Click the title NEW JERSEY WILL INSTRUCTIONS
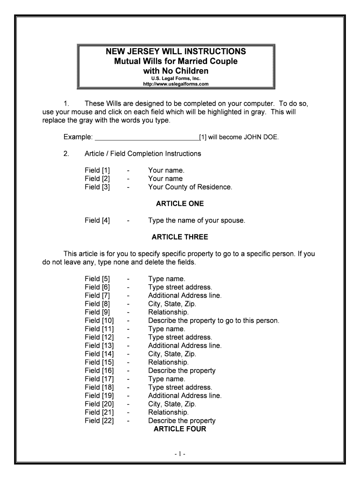click(x=176, y=51)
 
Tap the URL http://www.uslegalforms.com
click(x=176, y=84)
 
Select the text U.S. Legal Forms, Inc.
click(x=176, y=79)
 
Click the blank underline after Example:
click(x=146, y=137)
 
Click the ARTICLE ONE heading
click(x=180, y=204)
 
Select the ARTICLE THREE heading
click(x=180, y=237)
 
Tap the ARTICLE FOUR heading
click(x=180, y=429)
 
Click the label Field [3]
click(x=97, y=187)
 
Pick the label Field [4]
click(x=97, y=220)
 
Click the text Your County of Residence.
click(x=190, y=187)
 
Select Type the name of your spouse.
click(x=196, y=220)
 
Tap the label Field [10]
click(x=99, y=321)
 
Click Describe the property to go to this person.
click(x=213, y=321)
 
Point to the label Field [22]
click(x=99, y=421)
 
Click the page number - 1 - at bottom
click(x=180, y=454)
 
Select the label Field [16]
click(x=99, y=371)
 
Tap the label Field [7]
click(x=97, y=296)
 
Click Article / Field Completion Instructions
click(x=143, y=154)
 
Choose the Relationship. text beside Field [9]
click(x=168, y=312)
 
